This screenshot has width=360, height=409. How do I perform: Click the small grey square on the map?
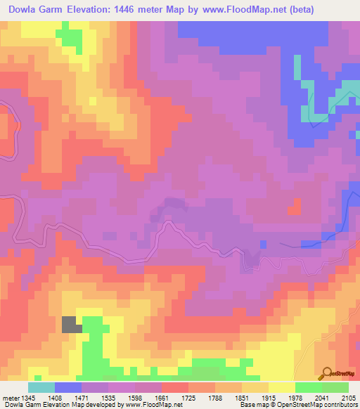[x=71, y=324]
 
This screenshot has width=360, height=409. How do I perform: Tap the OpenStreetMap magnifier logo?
[x=326, y=374]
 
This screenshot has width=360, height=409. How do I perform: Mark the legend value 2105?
[x=347, y=398]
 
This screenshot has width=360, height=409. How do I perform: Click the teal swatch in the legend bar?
[x=41, y=387]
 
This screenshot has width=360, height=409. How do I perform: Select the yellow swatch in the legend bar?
[x=281, y=387]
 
